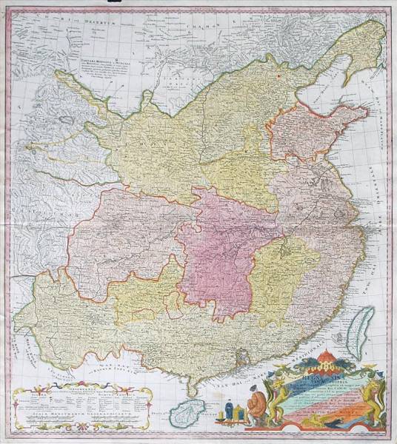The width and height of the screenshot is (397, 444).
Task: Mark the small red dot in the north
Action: [280, 74]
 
